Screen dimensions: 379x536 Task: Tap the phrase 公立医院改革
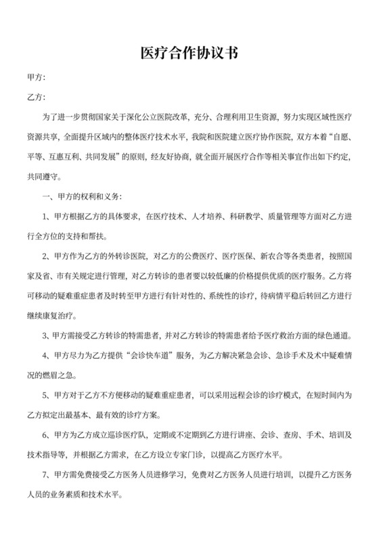coord(152,118)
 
